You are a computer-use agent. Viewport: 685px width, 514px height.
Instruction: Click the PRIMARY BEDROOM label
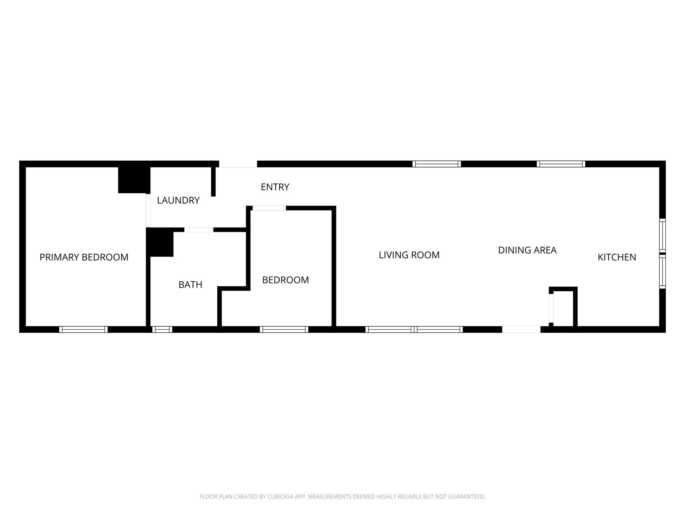tap(84, 257)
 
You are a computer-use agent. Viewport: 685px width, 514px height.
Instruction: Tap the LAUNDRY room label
tap(178, 200)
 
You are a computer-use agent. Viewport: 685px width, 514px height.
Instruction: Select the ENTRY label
tap(275, 187)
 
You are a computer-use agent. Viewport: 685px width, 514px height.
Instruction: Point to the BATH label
tap(190, 284)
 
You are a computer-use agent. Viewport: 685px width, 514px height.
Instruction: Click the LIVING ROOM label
tap(409, 255)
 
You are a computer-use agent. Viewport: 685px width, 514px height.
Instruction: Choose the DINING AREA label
tap(527, 250)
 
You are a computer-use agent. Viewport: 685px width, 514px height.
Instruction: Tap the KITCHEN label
tap(617, 257)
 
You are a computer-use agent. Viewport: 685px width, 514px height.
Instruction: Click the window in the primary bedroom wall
tap(83, 329)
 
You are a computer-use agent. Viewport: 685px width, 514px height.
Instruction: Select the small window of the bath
tap(162, 329)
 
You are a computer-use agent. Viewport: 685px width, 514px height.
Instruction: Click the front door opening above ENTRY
tap(238, 164)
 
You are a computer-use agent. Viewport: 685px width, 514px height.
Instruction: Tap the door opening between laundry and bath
tap(199, 230)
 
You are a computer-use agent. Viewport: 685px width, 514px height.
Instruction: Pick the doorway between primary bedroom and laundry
tap(148, 210)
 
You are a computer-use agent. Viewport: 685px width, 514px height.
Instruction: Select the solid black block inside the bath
tap(160, 242)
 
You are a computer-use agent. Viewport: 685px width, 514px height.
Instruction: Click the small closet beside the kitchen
tap(563, 307)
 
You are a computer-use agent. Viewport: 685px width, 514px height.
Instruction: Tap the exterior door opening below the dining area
tap(521, 329)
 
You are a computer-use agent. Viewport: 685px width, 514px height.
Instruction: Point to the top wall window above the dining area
tap(561, 164)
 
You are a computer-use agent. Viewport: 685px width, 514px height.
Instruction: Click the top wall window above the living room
tap(436, 164)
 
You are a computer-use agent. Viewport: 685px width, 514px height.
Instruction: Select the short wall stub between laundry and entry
tap(213, 181)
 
